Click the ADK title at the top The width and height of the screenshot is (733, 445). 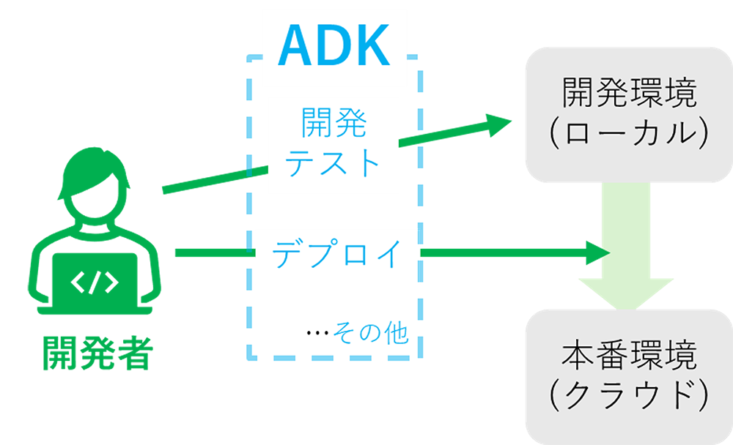334,46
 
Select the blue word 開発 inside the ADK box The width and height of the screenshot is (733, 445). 334,121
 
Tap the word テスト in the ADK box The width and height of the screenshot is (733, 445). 334,162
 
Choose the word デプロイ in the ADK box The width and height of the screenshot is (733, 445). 338,253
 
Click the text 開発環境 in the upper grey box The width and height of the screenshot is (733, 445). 630,94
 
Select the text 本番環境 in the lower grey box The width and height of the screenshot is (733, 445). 630,358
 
